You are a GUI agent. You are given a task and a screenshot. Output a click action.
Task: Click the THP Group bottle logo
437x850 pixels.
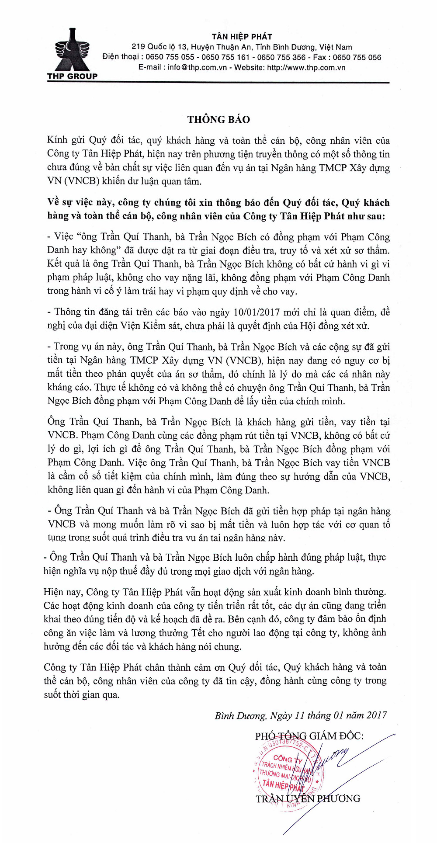[x=72, y=50]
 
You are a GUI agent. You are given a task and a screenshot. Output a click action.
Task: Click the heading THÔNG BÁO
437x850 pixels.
[x=218, y=119]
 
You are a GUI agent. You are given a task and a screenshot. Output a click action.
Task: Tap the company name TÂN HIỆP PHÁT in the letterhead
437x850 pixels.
[x=242, y=37]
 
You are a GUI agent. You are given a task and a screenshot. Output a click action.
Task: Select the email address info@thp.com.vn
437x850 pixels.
[x=197, y=67]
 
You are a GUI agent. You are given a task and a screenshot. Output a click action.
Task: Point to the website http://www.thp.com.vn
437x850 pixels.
[x=306, y=67]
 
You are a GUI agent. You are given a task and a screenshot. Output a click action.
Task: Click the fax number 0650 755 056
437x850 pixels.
[x=357, y=57]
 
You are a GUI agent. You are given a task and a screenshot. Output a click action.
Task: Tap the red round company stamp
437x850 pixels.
[x=287, y=774]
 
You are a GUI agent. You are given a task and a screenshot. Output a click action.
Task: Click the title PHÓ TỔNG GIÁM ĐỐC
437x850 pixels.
[x=309, y=736]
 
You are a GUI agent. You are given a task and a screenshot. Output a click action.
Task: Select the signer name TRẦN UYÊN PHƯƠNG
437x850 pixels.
[x=308, y=798]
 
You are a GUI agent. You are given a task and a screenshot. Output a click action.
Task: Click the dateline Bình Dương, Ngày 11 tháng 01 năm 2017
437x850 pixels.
[x=301, y=715]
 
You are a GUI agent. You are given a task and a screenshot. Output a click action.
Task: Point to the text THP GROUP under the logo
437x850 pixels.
[x=72, y=76]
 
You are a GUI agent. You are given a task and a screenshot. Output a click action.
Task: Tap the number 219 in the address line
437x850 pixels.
[x=138, y=47]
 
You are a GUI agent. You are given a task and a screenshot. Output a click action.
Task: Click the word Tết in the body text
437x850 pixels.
[x=198, y=632]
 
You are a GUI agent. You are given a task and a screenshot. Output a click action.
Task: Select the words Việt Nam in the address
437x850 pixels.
[x=335, y=47]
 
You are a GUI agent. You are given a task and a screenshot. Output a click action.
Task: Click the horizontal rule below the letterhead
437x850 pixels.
[x=218, y=83]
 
